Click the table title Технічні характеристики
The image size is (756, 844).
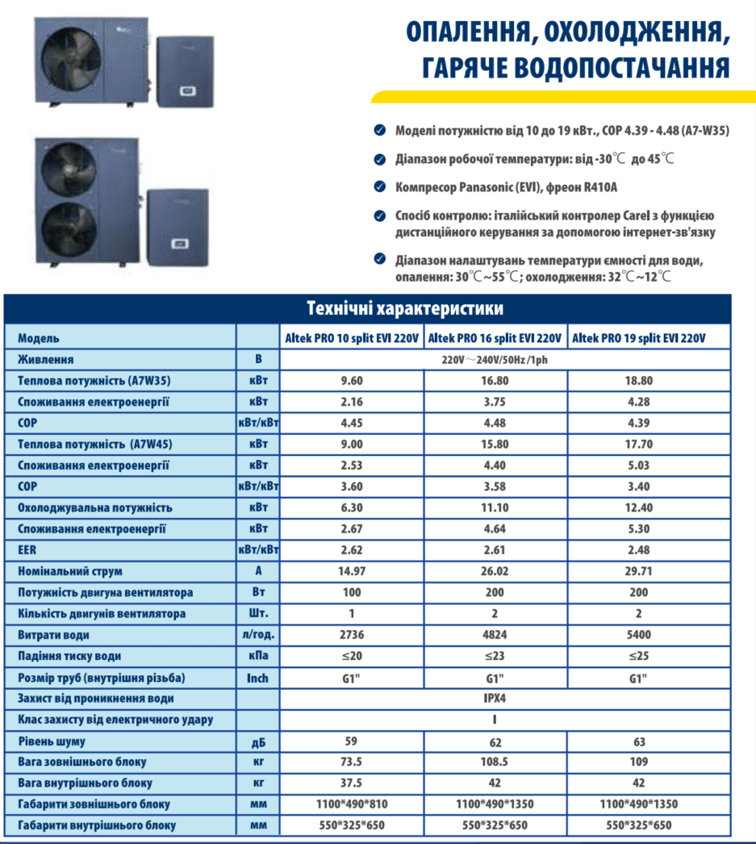[405, 308]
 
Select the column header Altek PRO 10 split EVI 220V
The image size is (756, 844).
[352, 339]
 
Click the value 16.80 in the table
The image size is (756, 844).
[495, 381]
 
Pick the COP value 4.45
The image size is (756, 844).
[351, 423]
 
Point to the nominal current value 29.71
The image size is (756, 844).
[638, 571]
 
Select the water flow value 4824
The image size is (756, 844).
[495, 635]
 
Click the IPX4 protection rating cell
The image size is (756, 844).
[495, 698]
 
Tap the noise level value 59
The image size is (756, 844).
[351, 740]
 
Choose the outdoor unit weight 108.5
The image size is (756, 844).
[495, 762]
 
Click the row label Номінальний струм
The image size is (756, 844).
[70, 571]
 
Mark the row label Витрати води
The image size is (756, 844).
[54, 635]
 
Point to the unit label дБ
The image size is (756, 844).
[257, 741]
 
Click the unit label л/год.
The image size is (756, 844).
[257, 635]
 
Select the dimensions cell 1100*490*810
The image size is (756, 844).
[351, 804]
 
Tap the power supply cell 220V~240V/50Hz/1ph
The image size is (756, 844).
[495, 360]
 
